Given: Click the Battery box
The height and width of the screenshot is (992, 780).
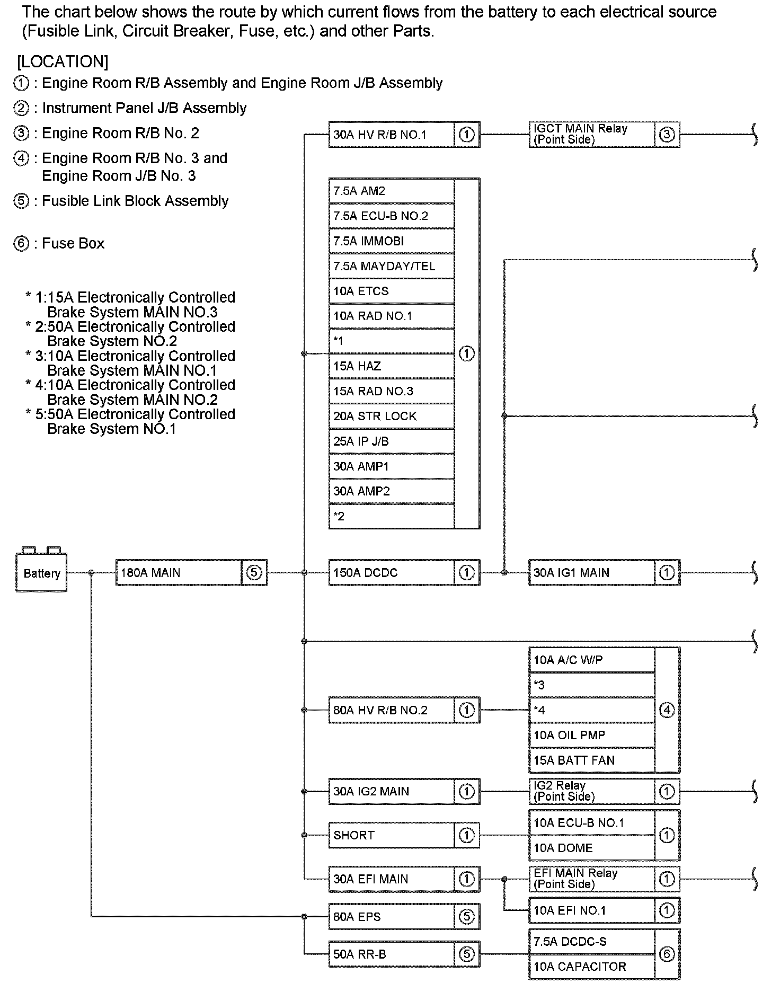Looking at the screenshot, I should click(x=41, y=572).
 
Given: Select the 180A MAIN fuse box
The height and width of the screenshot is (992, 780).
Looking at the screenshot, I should click(x=179, y=573).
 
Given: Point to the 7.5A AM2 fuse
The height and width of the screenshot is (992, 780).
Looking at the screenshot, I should click(x=391, y=191).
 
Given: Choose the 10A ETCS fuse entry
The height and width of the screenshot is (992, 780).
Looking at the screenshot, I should click(x=391, y=291).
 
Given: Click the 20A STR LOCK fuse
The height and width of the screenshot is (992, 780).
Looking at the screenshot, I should click(x=391, y=416).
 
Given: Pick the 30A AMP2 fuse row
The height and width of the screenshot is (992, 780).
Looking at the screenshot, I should click(x=391, y=491).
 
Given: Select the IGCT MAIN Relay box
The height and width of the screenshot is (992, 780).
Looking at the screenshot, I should click(x=591, y=134).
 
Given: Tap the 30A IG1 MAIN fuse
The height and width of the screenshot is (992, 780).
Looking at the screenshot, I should click(x=591, y=573).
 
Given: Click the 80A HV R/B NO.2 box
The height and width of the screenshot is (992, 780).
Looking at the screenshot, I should click(x=391, y=710).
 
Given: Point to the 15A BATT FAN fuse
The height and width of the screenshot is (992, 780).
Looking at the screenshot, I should click(x=591, y=760).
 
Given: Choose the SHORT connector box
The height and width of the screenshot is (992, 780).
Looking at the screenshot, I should click(x=391, y=835).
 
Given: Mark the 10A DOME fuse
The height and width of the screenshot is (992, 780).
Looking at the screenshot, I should click(x=591, y=848).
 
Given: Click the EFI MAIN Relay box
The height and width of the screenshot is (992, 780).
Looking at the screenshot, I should click(x=591, y=879).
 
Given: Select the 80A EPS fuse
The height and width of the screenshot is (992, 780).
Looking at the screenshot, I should click(x=391, y=917).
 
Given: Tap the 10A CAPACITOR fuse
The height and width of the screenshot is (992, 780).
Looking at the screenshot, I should click(x=591, y=967).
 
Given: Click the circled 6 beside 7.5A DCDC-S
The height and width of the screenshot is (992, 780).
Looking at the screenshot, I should click(x=667, y=954).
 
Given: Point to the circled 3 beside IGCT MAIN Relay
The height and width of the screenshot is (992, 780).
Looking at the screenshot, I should click(x=667, y=134).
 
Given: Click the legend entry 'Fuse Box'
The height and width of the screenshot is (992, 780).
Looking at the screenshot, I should click(x=73, y=243).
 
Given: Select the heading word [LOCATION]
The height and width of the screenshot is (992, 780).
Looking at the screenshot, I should click(x=63, y=61).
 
